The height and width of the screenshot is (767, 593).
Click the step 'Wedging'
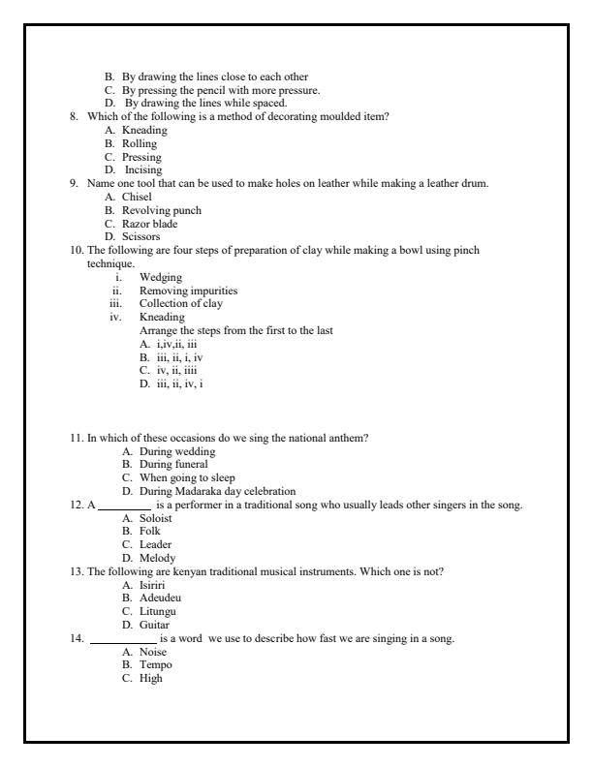click(x=160, y=276)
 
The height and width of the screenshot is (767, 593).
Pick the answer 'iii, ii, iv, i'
click(x=171, y=383)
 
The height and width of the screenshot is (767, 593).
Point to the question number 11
click(x=76, y=438)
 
